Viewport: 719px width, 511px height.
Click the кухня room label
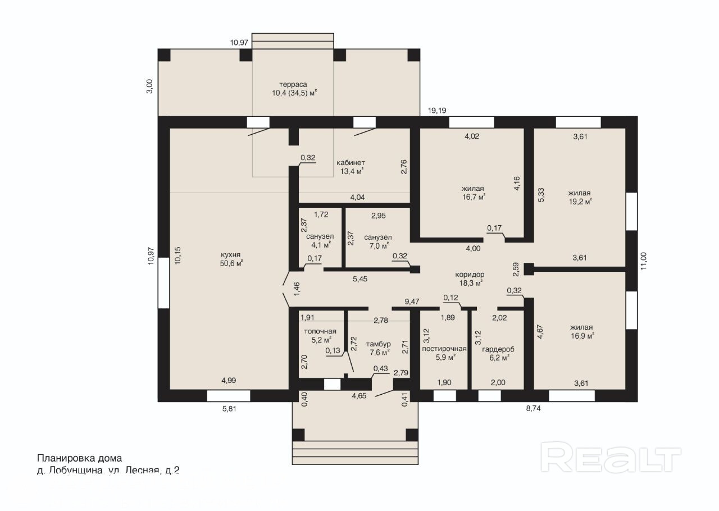(x=230, y=255)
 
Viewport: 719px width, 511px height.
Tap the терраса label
(x=293, y=84)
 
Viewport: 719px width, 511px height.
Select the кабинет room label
(x=351, y=162)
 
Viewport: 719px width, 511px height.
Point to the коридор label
(x=470, y=275)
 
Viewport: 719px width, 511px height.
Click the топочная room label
(x=320, y=331)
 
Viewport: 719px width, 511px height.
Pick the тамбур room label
(x=378, y=344)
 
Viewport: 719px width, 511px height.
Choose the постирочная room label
(x=444, y=349)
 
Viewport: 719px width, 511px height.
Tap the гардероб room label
(x=498, y=349)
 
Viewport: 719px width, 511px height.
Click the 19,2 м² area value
(x=580, y=202)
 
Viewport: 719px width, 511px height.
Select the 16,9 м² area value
(x=582, y=336)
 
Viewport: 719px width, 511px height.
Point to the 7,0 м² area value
(x=378, y=246)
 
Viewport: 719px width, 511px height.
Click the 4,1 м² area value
(x=321, y=245)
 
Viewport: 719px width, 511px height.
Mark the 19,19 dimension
(x=437, y=111)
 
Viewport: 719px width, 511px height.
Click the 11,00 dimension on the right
(x=643, y=261)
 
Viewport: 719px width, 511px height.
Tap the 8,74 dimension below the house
(x=533, y=408)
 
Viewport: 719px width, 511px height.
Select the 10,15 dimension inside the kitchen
(x=178, y=255)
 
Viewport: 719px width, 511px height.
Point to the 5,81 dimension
(x=229, y=409)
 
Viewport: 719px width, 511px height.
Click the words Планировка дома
(x=79, y=458)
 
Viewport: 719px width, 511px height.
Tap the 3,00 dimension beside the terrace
(x=149, y=86)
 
